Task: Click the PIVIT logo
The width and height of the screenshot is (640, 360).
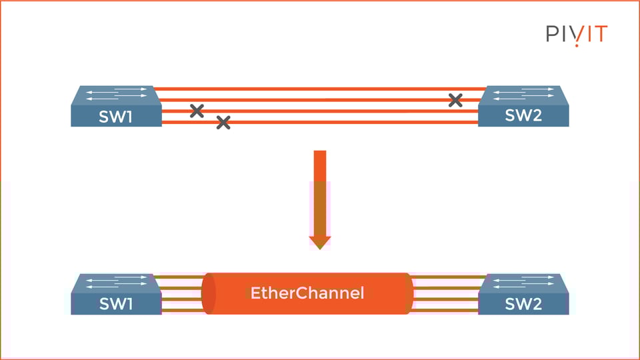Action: tap(577, 34)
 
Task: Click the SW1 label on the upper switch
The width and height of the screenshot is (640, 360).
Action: tap(116, 117)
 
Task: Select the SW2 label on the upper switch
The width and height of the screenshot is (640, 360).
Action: tap(523, 116)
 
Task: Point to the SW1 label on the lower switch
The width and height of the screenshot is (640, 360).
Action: tap(116, 305)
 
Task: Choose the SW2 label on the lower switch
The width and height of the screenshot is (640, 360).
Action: tap(523, 305)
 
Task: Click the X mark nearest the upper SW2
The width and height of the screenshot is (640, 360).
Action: tap(455, 100)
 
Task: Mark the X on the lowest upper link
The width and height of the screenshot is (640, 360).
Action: tap(223, 122)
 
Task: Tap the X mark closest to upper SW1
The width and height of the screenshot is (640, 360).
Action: tap(197, 111)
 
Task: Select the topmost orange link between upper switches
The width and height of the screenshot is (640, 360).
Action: tap(320, 88)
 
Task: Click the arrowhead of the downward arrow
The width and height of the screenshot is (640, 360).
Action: tap(320, 241)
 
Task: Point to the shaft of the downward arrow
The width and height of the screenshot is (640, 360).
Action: tap(320, 193)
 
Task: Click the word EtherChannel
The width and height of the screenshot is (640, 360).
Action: tap(307, 293)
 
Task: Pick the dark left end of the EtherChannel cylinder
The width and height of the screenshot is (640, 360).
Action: tap(209, 293)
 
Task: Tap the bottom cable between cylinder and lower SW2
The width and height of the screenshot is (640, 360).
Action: tap(448, 311)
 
